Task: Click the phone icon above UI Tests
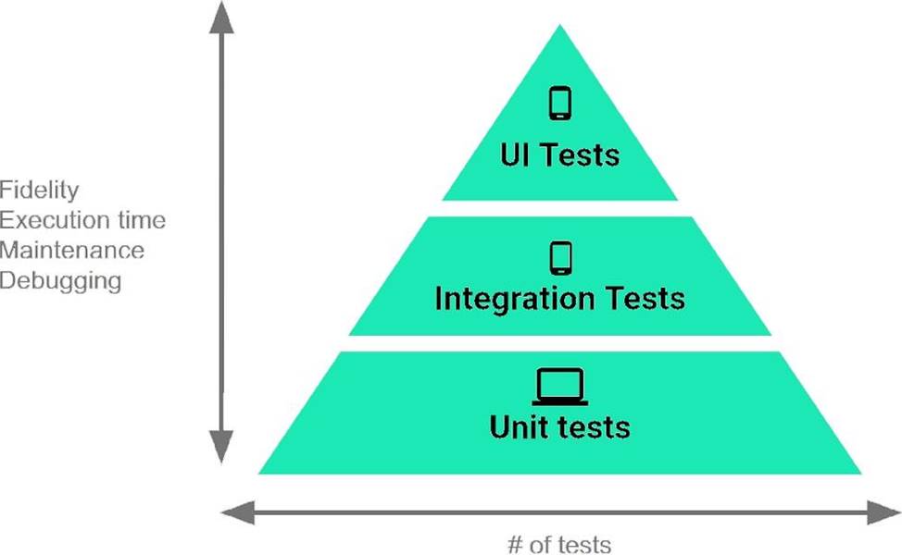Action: tap(559, 103)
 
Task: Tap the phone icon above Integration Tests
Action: tap(559, 257)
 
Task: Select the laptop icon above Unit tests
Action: tap(560, 386)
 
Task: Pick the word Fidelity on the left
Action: tap(40, 191)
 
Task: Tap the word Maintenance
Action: tap(72, 250)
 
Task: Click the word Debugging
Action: tap(61, 279)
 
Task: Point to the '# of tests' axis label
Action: tap(559, 543)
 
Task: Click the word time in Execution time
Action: tap(145, 220)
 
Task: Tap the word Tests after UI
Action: tap(582, 154)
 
